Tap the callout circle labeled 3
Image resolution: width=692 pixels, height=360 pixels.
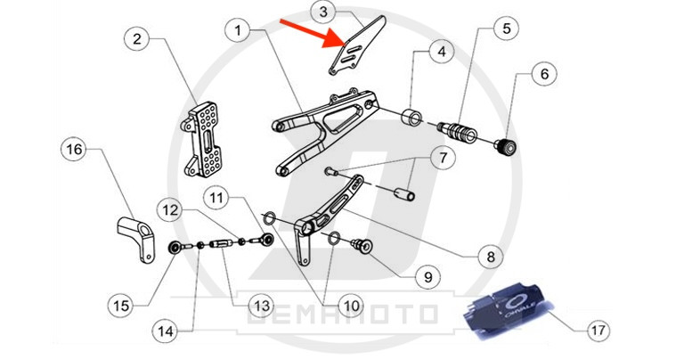[323, 12]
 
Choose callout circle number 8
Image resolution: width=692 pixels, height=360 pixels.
[488, 258]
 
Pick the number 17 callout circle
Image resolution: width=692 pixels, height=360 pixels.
[598, 330]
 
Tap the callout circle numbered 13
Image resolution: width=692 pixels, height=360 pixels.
[260, 306]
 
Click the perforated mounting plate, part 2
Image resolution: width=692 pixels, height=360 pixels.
[206, 141]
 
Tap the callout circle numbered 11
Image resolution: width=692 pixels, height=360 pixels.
[218, 196]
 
